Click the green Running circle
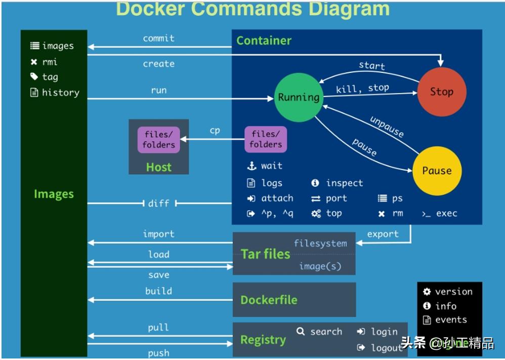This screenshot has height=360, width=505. pos(299,97)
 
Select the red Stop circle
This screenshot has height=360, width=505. pos(441,92)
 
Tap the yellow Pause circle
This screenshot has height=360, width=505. pos(437,171)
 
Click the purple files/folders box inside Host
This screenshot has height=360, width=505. pos(158,140)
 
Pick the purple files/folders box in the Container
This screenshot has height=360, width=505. pos(266,140)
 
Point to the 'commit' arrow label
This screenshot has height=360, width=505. pos(158,38)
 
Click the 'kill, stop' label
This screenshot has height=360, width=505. pos(362,89)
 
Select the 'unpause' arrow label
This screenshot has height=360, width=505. pos(387,127)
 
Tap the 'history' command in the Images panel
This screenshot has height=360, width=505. pos(60,93)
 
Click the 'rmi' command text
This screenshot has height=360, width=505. pos(50,62)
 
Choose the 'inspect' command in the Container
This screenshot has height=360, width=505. pos(344,183)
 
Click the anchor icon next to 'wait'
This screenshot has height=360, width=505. pos(251,166)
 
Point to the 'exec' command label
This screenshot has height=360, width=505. pos(446,214)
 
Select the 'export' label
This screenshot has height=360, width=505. pos(383,234)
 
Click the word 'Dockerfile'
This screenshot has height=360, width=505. pos(269,300)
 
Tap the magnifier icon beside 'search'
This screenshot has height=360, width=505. pos(301,332)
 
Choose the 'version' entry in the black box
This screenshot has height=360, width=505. pos(453,292)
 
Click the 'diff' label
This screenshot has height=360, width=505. pos(159,203)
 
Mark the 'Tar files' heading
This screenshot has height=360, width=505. pos(265,254)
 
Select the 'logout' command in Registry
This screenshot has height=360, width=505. pos(386,348)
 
